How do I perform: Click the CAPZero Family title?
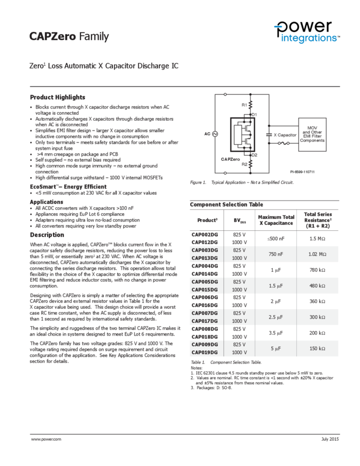click(69, 37)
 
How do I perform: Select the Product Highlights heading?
click(58, 97)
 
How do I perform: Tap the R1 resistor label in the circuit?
click(244, 105)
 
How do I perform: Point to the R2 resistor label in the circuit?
click(244, 163)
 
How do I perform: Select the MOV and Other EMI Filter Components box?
click(312, 133)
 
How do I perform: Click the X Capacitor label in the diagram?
click(285, 135)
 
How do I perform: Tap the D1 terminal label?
click(255, 114)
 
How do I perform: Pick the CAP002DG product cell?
click(204, 234)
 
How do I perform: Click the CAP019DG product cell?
click(204, 353)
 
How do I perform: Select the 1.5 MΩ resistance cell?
click(317, 238)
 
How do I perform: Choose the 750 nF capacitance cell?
click(276, 254)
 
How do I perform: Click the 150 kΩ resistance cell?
click(317, 349)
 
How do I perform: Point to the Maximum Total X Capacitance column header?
click(276, 220)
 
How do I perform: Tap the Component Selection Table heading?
click(226, 204)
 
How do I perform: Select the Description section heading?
click(47, 235)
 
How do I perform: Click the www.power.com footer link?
click(46, 440)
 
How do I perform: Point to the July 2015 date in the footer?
click(330, 440)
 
